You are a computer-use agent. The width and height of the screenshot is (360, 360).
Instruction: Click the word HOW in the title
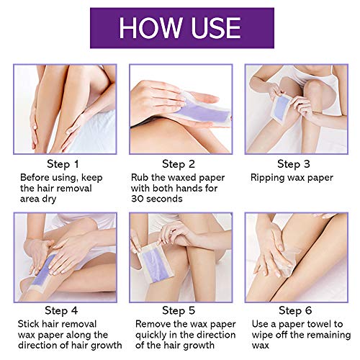point(149,27)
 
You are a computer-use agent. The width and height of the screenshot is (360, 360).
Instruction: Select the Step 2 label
point(179,164)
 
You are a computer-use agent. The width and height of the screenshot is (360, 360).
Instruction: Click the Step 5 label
point(179,311)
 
